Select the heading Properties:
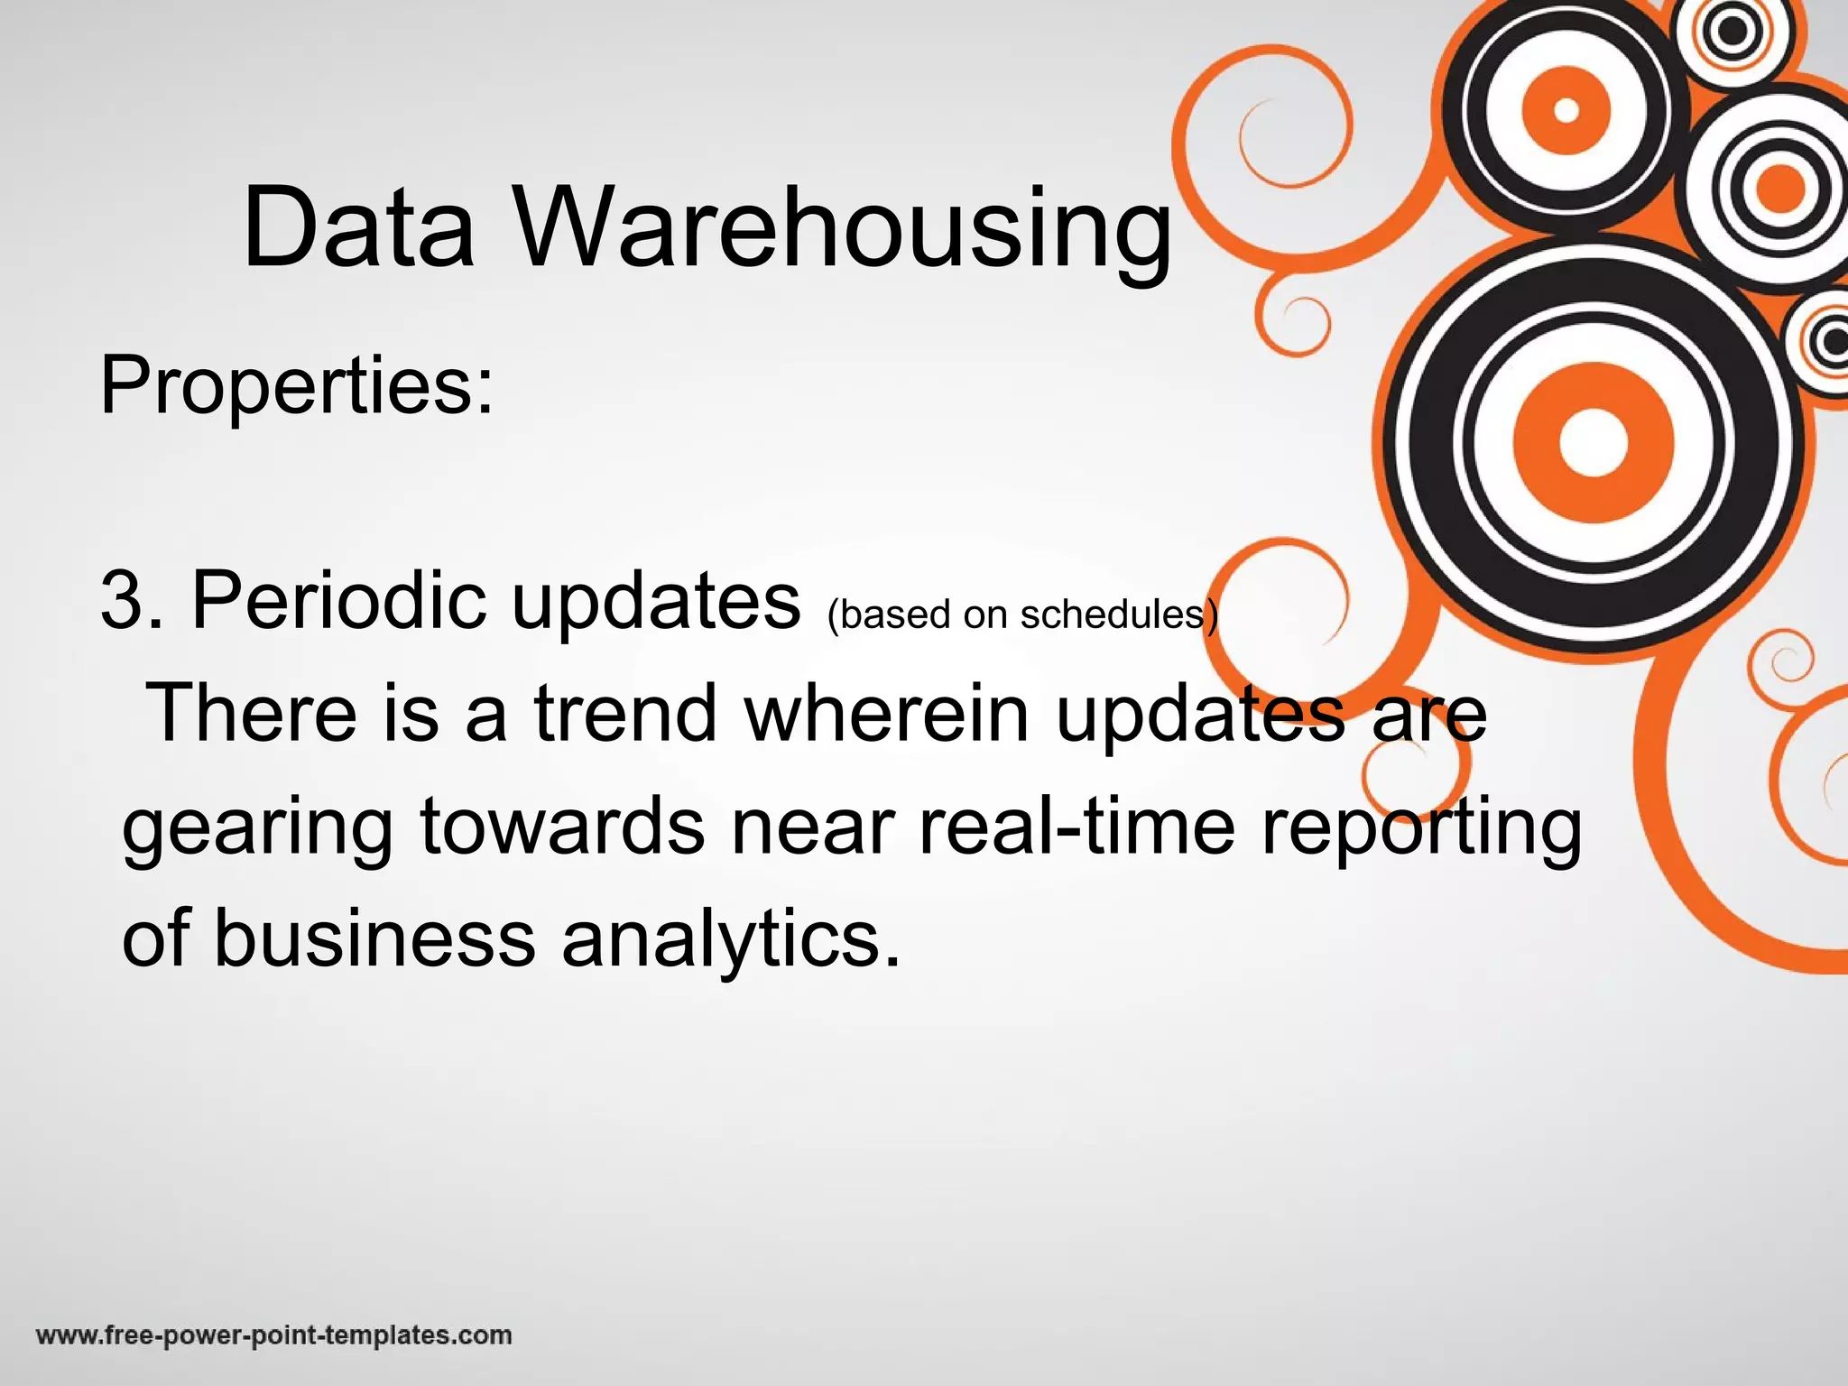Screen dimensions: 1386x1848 [297, 386]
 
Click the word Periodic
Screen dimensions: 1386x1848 [339, 600]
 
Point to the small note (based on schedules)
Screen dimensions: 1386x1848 [1022, 614]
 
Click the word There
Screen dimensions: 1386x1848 [252, 713]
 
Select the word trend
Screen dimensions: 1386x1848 [625, 713]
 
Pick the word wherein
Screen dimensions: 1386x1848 [887, 713]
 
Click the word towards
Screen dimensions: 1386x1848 [562, 827]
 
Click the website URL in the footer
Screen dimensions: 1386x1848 [274, 1335]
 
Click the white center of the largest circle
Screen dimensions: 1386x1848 [1593, 443]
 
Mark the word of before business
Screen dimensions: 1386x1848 [156, 938]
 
